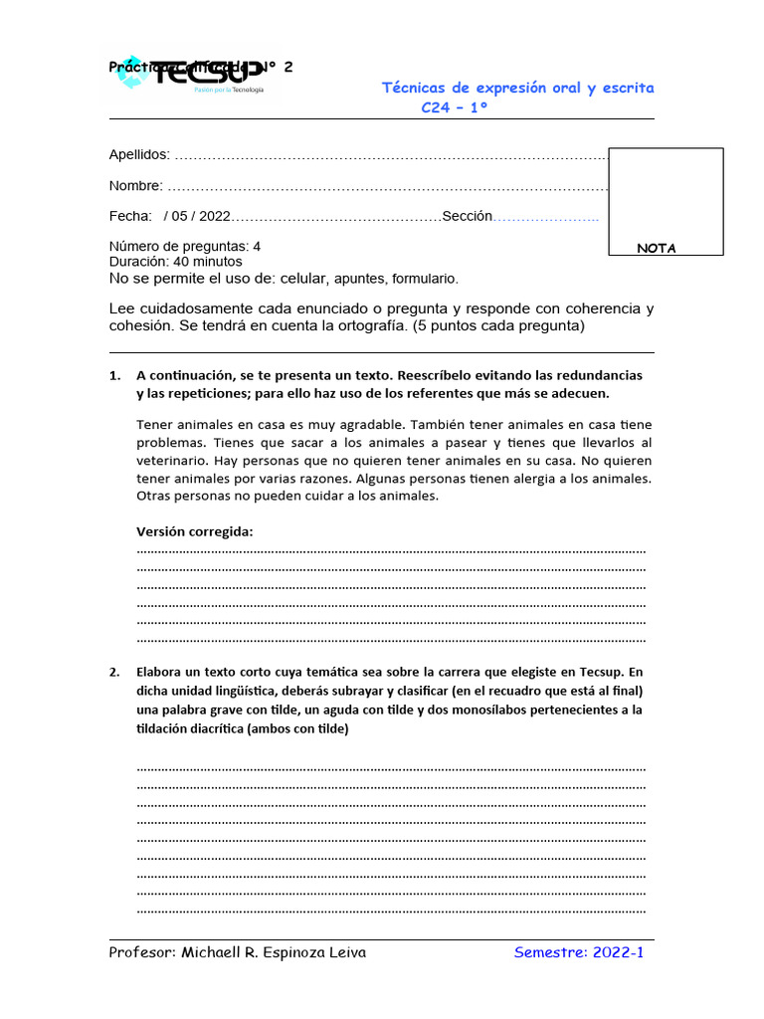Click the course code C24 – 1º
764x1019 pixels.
point(455,107)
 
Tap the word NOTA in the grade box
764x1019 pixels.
point(657,249)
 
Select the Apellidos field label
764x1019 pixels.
point(139,155)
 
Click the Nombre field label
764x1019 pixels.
point(135,186)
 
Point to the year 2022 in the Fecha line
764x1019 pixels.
point(214,217)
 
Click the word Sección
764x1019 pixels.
point(467,217)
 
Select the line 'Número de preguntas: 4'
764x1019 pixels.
point(185,246)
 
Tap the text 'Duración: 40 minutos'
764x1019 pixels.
point(175,262)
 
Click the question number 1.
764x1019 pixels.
point(113,376)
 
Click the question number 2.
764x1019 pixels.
point(113,672)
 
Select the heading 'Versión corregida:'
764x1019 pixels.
point(194,531)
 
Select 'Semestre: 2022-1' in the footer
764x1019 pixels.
point(580,953)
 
